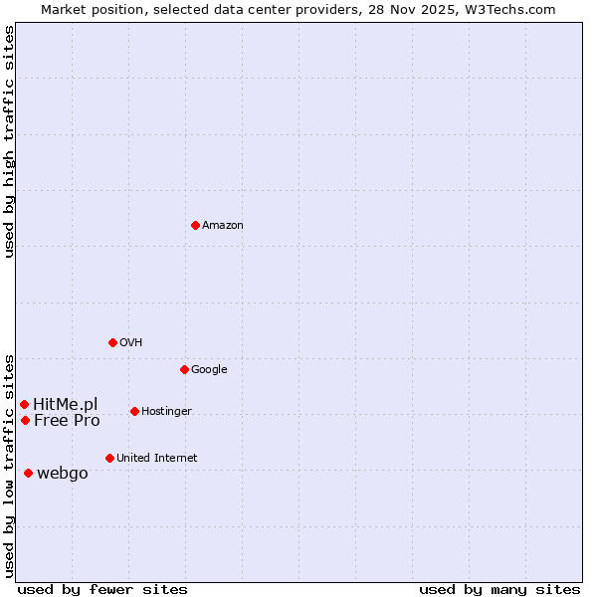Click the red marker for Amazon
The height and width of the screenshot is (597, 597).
195,225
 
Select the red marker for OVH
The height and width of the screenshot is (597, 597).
112,342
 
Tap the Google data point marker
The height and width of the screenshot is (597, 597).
184,369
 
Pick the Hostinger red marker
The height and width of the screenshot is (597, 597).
134,411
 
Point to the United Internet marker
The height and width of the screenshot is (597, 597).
109,458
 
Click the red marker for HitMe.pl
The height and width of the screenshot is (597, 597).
24,404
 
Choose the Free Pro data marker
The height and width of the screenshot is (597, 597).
25,420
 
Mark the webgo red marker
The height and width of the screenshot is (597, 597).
28,473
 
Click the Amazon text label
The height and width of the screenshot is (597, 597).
223,226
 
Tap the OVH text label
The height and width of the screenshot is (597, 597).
130,343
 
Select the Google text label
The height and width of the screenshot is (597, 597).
209,370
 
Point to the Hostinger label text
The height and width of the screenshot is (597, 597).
166,412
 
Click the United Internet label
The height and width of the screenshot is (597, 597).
156,459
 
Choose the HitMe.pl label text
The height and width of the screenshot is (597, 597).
66,404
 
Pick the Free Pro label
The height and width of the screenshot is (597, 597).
67,421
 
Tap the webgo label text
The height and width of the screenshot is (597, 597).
62,474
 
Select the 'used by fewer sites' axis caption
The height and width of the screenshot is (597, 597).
102,589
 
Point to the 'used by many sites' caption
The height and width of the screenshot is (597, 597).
499,589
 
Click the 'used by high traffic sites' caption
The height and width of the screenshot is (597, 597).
9,141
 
